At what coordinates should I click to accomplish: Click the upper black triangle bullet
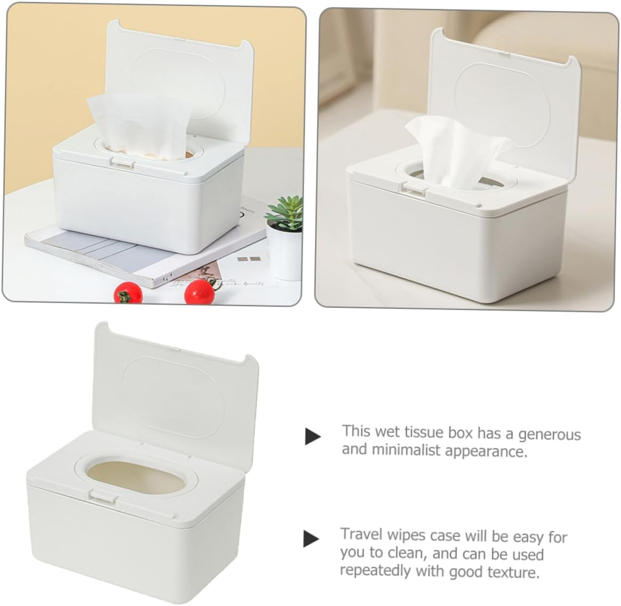(x=312, y=436)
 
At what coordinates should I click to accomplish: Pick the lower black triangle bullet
(x=311, y=538)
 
